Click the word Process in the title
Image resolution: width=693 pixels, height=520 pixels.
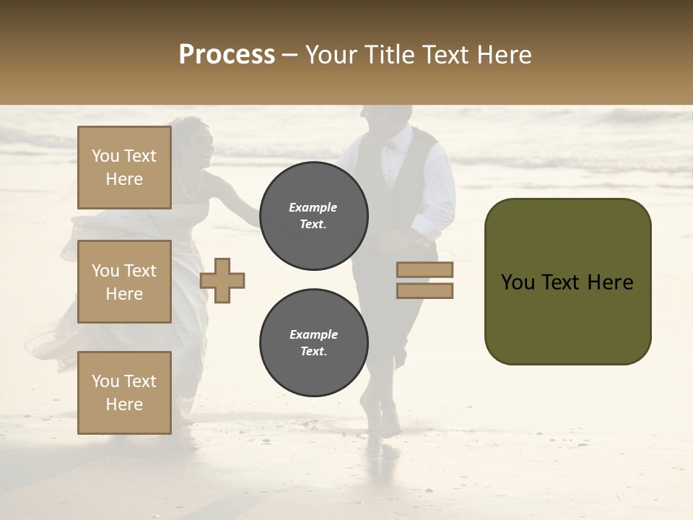227,55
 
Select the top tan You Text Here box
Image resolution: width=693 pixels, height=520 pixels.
124,168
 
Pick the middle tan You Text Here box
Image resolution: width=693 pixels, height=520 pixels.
124,282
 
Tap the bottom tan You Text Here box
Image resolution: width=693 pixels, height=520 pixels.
124,393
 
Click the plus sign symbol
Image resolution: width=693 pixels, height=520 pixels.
222,280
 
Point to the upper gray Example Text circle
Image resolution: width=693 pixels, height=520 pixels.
313,216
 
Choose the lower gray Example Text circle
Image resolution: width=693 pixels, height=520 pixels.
313,343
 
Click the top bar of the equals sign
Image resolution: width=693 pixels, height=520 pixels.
424,270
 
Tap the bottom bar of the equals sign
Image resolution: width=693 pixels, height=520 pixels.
424,291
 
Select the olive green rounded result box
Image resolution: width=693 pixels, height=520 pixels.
567,282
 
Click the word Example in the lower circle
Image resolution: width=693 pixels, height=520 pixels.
313,334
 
